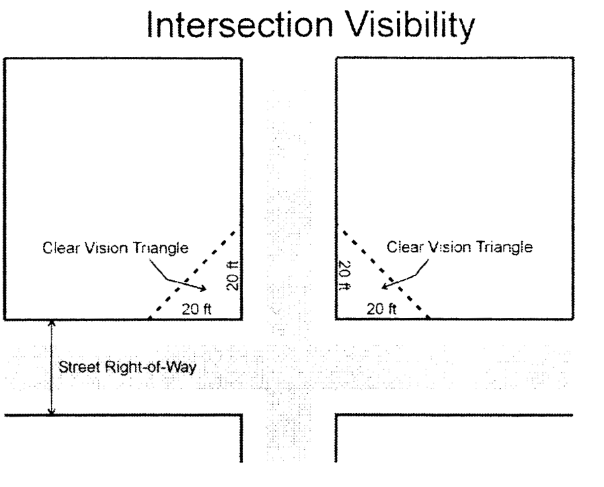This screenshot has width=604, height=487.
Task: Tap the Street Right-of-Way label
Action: click(x=128, y=367)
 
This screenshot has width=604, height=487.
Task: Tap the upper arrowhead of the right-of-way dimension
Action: click(x=52, y=324)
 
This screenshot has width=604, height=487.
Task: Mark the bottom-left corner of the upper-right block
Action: click(x=337, y=319)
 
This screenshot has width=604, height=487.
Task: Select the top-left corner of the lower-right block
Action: click(x=337, y=416)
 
